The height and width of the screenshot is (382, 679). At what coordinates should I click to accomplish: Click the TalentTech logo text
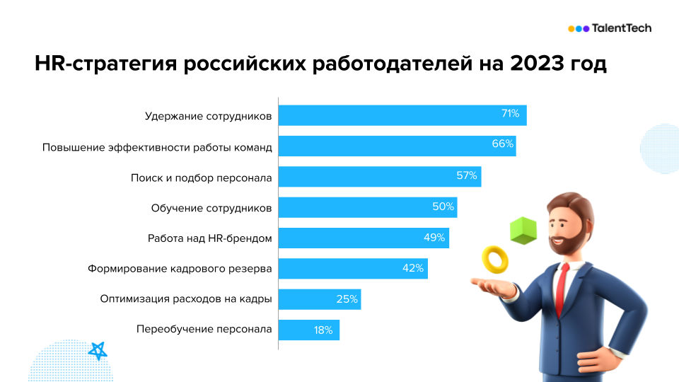(x=621, y=28)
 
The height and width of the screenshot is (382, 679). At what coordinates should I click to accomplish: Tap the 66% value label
(x=502, y=144)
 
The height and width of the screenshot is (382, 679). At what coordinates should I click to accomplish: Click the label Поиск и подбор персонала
(x=202, y=177)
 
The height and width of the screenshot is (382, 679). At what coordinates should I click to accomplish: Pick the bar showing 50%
(x=367, y=208)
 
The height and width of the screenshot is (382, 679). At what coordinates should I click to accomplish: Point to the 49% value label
(x=434, y=238)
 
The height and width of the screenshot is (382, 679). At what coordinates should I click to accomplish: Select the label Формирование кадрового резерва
(x=180, y=269)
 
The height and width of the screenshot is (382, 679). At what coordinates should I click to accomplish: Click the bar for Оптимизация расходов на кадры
(x=319, y=299)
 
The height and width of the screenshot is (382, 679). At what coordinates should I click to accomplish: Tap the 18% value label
(x=323, y=330)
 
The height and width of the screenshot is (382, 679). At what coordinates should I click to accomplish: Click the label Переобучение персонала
(x=204, y=330)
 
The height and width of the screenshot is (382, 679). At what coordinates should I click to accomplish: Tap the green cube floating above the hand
(x=523, y=231)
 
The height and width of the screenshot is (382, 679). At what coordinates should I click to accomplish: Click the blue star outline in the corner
(x=98, y=350)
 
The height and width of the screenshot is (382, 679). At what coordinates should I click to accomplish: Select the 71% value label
(x=510, y=114)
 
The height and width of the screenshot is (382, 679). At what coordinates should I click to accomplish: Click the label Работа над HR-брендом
(x=209, y=238)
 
